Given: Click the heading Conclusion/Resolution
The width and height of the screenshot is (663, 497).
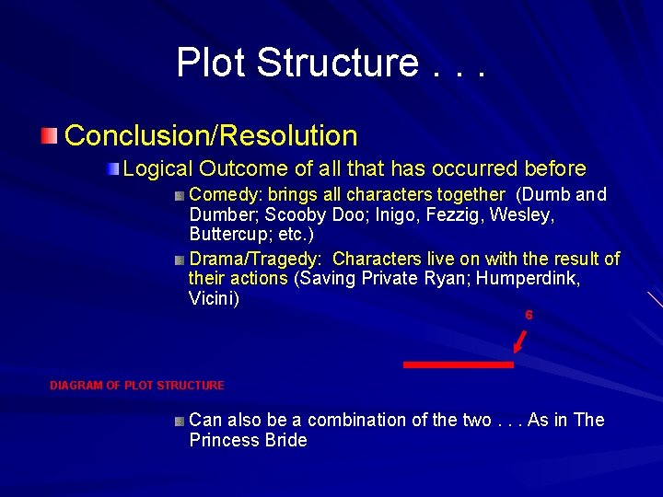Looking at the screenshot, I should point(211,136).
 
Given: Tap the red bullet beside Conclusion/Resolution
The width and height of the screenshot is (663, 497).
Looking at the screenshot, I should point(49,136).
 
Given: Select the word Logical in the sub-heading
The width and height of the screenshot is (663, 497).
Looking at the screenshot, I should point(157,169).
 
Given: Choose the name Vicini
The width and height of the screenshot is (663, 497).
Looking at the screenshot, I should point(213,299).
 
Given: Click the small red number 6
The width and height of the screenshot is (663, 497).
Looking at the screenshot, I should point(529,316).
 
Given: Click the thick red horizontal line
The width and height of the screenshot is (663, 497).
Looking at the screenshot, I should point(458,365).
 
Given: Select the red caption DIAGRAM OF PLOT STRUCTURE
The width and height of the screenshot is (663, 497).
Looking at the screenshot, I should point(136,386).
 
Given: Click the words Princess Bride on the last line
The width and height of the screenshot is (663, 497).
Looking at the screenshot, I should point(248,441).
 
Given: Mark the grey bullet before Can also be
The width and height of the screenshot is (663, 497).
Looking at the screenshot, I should point(179,421).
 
